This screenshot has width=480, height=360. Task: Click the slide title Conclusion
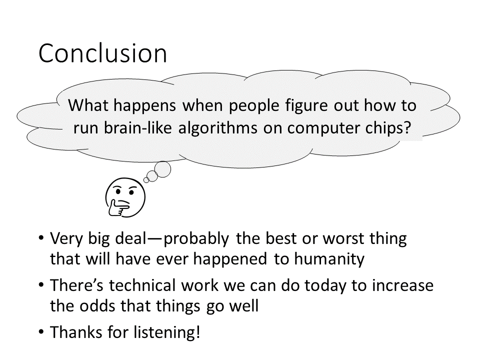pyautogui.click(x=103, y=53)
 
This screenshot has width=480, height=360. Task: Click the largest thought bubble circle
pyautogui.click(x=162, y=169)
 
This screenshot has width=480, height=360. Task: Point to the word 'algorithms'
pyautogui.click(x=218, y=128)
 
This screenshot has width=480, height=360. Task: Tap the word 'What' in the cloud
pyautogui.click(x=88, y=105)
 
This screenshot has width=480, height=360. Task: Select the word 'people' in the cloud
pyautogui.click(x=254, y=106)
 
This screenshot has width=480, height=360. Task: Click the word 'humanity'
pyautogui.click(x=329, y=259)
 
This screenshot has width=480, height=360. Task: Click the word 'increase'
pyautogui.click(x=403, y=285)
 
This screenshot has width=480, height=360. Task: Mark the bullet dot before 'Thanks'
pyautogui.click(x=41, y=331)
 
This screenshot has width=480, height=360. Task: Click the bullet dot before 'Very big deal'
pyautogui.click(x=41, y=238)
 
